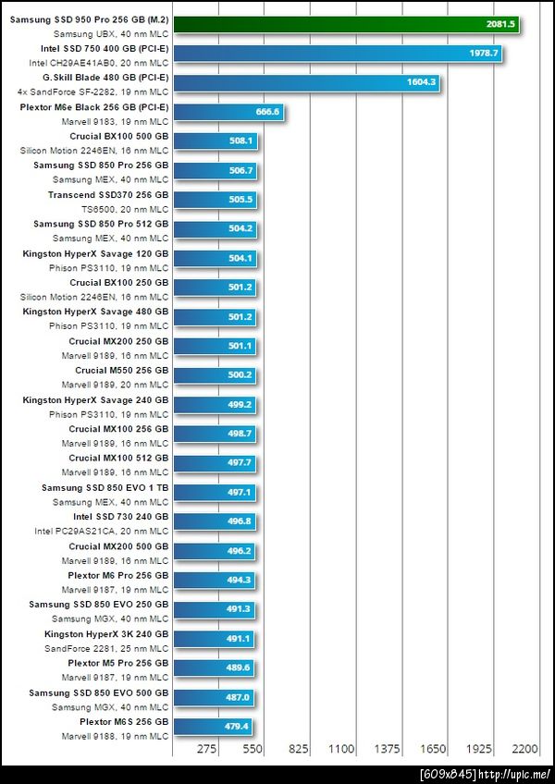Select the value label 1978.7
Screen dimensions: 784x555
click(483, 54)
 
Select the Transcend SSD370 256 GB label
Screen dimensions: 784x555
click(108, 195)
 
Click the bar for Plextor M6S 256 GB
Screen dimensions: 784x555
click(213, 727)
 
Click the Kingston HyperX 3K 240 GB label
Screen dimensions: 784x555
click(106, 634)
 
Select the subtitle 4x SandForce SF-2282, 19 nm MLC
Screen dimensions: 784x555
click(93, 92)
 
